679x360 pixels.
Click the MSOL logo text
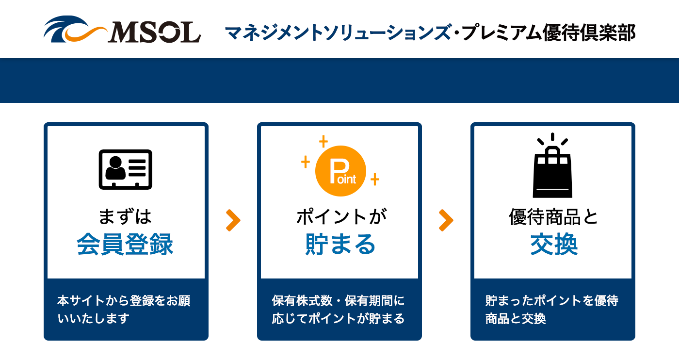point(154,32)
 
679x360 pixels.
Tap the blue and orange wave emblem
point(75,30)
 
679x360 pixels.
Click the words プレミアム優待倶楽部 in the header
point(548,33)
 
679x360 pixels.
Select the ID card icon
point(126,169)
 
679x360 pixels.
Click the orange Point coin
point(340,171)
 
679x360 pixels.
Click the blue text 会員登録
point(125,244)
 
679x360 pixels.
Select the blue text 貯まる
point(340,244)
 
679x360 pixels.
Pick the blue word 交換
point(554,244)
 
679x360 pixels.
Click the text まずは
point(125,217)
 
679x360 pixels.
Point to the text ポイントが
point(341,217)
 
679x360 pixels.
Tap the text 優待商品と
point(553,217)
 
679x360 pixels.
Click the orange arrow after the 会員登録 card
point(233,220)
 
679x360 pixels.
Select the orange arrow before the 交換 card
point(446,220)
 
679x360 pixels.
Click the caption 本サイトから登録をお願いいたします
point(124,310)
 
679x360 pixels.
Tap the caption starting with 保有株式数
point(339,310)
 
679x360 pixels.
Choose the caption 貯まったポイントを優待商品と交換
point(552,310)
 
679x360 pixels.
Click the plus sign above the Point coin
point(323,141)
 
